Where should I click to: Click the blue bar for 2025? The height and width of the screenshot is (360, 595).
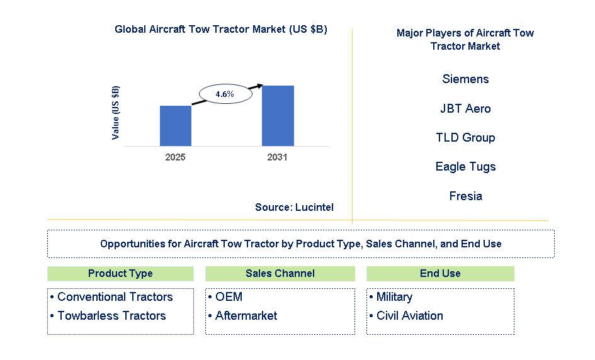click(x=175, y=125)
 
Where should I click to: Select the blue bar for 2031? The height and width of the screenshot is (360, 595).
click(x=278, y=116)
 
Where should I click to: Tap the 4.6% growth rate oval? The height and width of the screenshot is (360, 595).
click(x=225, y=94)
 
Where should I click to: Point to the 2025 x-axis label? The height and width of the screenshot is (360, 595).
click(x=175, y=157)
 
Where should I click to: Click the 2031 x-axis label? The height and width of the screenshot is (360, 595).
click(x=277, y=157)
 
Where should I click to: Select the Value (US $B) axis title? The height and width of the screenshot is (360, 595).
click(x=115, y=113)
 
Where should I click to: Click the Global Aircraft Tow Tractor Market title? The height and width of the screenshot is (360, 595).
click(x=220, y=30)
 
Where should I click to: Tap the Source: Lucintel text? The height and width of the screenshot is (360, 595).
click(x=294, y=207)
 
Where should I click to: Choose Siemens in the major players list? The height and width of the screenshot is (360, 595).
click(x=465, y=79)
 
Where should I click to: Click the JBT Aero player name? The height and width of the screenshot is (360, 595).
click(x=465, y=109)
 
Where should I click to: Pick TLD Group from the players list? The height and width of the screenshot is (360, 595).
click(x=465, y=138)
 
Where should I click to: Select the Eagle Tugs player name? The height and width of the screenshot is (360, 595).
click(x=465, y=167)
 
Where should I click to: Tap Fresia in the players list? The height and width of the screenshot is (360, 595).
click(x=465, y=196)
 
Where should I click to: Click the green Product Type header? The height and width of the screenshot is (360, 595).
click(x=120, y=274)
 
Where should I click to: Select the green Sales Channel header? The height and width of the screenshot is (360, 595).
click(x=280, y=274)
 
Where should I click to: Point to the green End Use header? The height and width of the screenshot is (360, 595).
click(x=440, y=274)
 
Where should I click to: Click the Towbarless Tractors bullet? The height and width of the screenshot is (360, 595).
click(x=111, y=316)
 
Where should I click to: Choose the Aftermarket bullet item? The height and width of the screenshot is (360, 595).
click(x=246, y=316)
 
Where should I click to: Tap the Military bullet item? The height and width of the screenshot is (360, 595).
click(x=394, y=297)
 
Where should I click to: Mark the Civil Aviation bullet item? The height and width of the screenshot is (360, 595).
click(x=409, y=316)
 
